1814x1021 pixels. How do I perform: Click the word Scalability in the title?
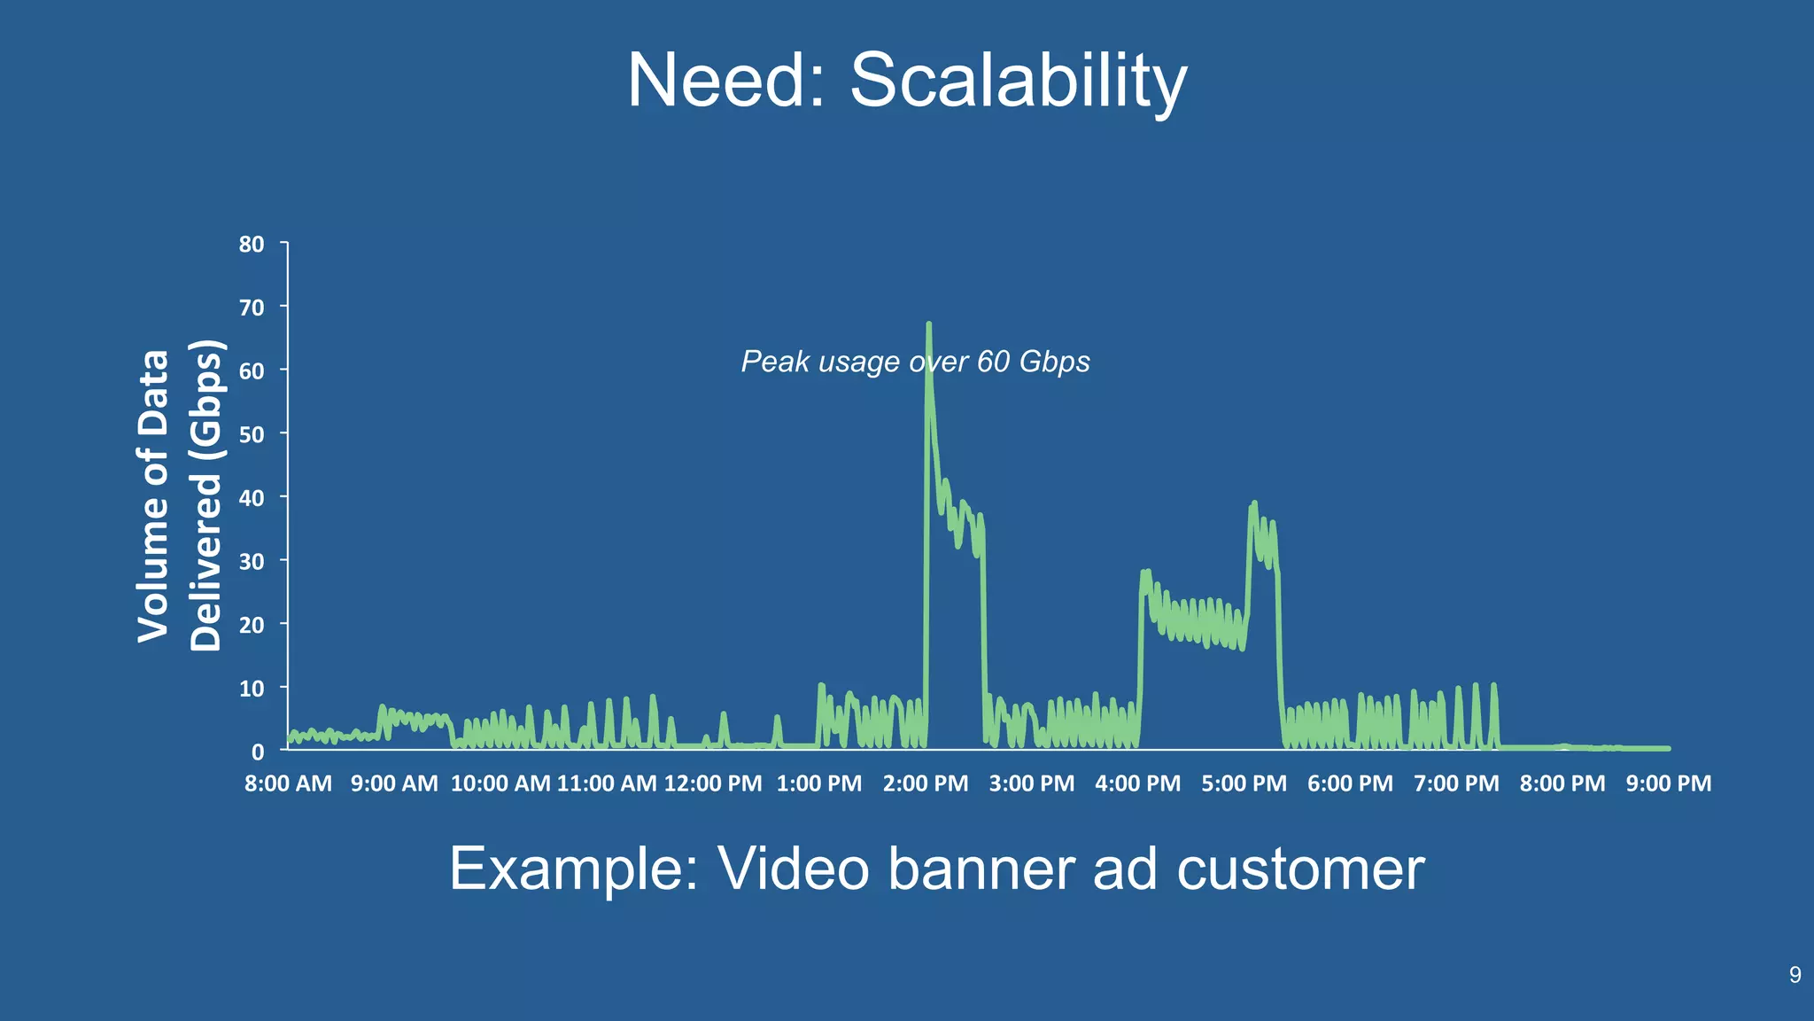pos(1018,81)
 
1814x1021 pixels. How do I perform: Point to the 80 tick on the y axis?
pos(252,244)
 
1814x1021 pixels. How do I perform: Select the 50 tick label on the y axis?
pos(252,434)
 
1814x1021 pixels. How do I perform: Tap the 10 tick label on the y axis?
pos(252,689)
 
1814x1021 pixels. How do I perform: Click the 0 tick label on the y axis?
pos(258,752)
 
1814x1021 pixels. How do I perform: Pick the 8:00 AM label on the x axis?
pos(288,783)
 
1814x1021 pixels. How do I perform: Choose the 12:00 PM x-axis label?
pos(712,783)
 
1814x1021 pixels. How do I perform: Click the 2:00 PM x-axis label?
pos(926,783)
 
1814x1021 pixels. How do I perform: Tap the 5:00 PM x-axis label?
pos(1244,783)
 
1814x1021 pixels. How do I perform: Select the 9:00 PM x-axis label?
pos(1668,783)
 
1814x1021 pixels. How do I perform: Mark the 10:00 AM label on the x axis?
pos(500,783)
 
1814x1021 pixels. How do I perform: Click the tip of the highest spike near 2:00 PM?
pos(928,324)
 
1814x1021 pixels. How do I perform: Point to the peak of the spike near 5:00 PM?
pos(1254,503)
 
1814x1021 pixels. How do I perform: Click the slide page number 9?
pos(1795,975)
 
